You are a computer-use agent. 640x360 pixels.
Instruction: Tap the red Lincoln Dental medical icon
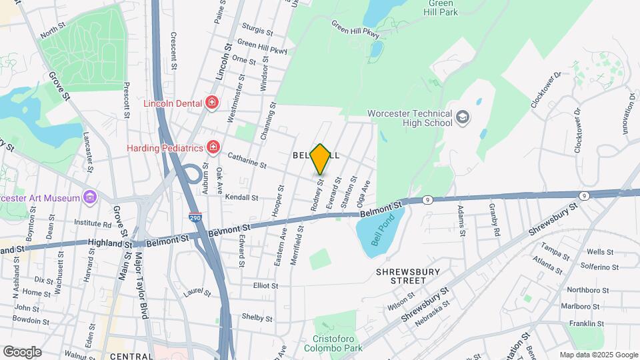pos(212,102)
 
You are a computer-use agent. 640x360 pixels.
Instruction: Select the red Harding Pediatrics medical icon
pos(213,146)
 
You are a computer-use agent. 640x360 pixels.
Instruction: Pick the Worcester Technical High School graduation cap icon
pos(462,118)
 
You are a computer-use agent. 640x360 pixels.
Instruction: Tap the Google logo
pos(22,351)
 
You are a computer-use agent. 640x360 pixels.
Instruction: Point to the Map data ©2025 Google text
pos(598,355)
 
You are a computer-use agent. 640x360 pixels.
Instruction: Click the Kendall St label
pos(241,197)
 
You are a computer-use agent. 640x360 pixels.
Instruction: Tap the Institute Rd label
pos(93,224)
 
